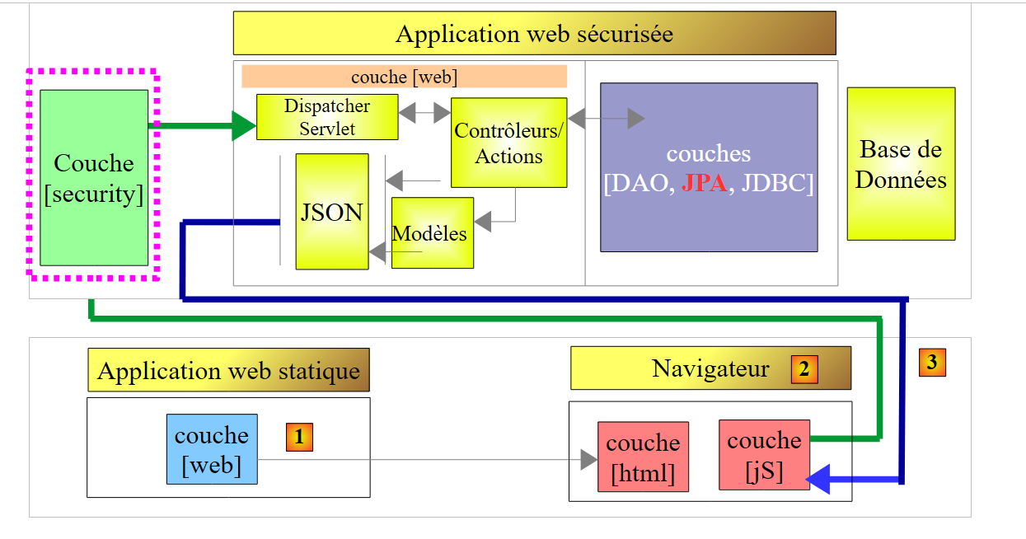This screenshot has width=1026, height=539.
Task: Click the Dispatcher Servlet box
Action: [327, 117]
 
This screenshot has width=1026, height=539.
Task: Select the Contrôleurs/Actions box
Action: [508, 143]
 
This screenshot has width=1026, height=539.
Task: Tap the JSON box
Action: [332, 212]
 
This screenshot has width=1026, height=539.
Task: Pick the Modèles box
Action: [433, 233]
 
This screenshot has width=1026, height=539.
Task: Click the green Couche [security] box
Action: [94, 178]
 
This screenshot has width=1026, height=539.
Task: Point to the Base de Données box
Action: [901, 164]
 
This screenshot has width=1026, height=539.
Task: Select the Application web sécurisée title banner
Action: [534, 34]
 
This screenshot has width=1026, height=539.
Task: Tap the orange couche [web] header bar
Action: [404, 77]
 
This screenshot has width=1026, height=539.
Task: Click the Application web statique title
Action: [228, 371]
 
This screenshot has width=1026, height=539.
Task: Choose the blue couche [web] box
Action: [212, 449]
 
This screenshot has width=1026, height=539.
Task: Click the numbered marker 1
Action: [299, 437]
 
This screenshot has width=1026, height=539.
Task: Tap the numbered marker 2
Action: [804, 369]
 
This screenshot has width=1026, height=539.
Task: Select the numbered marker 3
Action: [932, 362]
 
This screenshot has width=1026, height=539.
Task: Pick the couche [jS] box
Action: [764, 455]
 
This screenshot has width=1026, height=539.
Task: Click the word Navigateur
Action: [710, 368]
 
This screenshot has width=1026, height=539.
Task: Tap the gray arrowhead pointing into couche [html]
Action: [588, 459]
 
